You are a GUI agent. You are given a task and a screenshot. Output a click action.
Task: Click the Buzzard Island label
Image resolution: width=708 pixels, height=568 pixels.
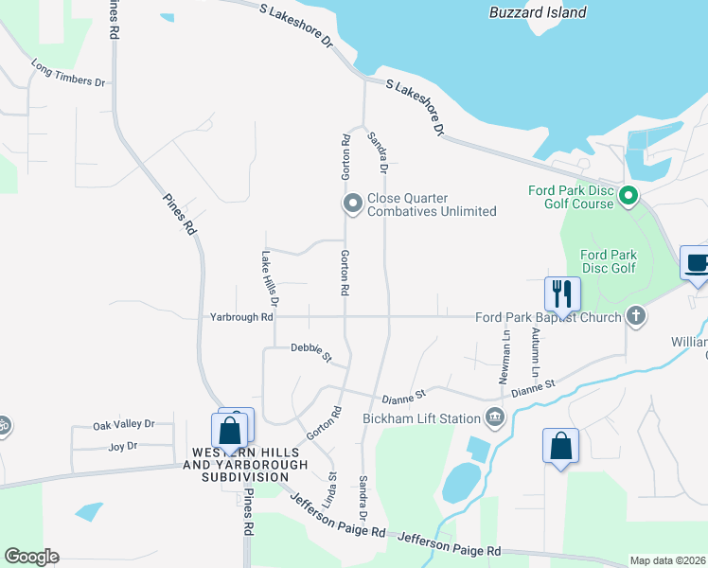point(538,12)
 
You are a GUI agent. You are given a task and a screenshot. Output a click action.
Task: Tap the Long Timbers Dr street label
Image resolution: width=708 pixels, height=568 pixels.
point(67,75)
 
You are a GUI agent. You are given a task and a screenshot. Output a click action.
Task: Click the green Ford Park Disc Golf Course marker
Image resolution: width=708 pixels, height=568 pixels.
point(628,197)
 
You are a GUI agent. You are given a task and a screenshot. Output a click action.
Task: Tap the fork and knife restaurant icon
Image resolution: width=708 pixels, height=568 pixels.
point(562,293)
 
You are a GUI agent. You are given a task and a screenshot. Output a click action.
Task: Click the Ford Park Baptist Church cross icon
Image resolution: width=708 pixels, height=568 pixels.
point(636,316)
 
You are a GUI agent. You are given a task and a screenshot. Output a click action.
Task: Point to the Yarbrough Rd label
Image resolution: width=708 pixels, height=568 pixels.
point(241,317)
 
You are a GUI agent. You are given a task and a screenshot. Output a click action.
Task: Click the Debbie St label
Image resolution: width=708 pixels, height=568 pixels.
point(311,352)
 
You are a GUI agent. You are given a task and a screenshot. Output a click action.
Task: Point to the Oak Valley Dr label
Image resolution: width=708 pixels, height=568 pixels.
point(123,425)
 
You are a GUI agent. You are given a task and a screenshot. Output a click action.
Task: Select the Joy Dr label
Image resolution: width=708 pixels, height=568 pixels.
point(123,446)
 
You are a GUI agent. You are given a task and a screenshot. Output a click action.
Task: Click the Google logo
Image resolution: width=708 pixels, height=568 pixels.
point(31,557)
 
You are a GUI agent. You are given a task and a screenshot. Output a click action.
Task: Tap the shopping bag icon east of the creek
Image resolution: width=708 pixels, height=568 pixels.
point(560,446)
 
